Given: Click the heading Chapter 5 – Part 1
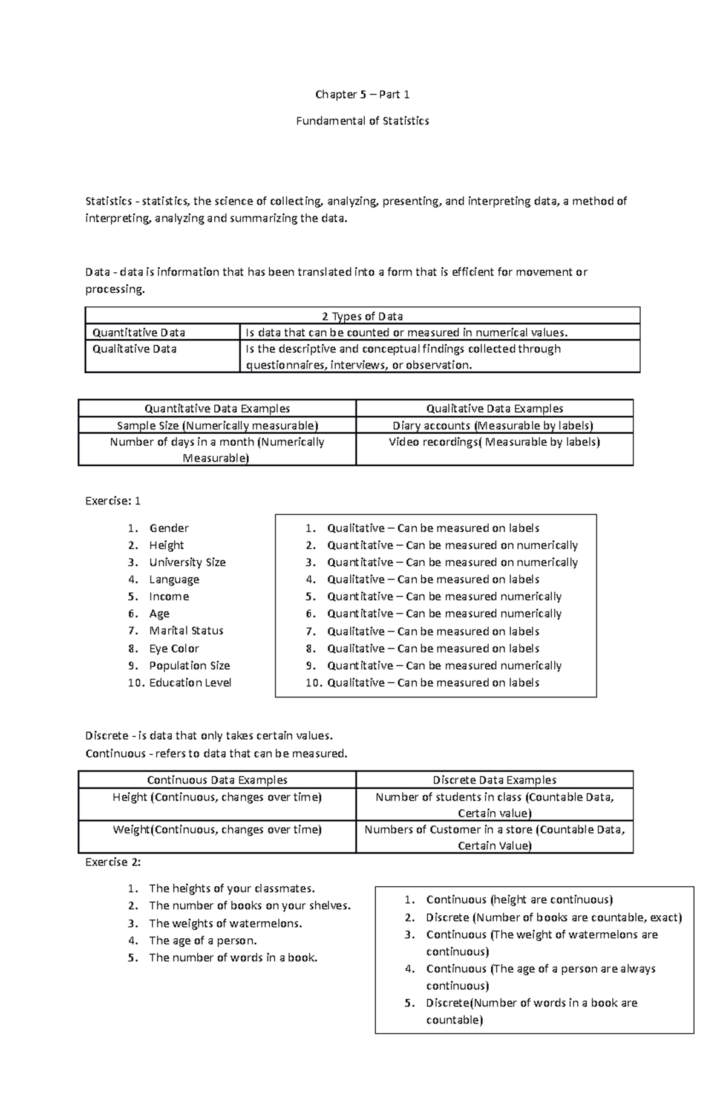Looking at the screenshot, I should (362, 94).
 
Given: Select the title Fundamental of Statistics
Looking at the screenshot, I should (362, 121).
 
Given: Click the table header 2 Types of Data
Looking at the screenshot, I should (362, 316).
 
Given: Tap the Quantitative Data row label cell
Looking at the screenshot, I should (139, 333).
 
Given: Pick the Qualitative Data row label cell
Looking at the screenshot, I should (135, 349).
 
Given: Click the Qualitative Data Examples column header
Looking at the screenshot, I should (494, 408).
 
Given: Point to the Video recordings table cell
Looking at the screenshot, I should (494, 442).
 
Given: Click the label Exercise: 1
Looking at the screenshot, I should (113, 501).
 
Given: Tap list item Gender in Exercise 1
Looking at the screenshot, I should (169, 528).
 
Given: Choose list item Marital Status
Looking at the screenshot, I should (186, 630).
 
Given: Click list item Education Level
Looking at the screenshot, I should (190, 682).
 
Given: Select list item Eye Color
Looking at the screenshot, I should (174, 648).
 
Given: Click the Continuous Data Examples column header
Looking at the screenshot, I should (217, 780).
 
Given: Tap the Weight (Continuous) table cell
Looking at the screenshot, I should (217, 830).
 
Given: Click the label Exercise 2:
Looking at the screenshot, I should (113, 862).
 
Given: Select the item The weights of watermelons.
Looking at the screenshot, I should (225, 923).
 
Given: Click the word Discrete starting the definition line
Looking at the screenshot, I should (106, 736).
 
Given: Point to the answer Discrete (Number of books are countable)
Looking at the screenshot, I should (554, 918).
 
